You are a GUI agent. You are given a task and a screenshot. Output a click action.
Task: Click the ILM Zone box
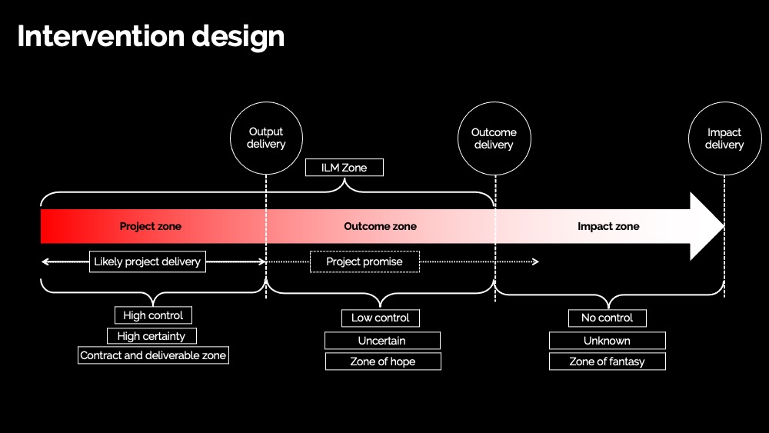coord(345,167)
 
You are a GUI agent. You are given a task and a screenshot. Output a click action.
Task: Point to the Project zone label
coord(151,226)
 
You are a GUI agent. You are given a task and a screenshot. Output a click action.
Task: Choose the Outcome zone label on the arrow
coord(380,226)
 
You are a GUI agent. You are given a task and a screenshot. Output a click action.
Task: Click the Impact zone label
coord(608,226)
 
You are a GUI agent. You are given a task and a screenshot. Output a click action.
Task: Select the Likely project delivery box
coord(148,261)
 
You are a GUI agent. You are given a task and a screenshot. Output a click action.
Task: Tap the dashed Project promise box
coord(365,261)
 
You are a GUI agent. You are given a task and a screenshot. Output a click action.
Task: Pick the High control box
coord(153,315)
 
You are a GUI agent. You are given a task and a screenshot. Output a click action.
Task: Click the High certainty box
coord(151,336)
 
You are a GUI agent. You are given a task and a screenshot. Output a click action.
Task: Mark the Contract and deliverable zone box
coord(153,355)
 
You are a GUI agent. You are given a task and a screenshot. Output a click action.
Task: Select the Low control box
coord(381,318)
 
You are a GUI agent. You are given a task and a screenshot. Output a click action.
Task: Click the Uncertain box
coord(382,340)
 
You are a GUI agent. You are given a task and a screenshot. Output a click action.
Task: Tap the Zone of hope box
coord(383,361)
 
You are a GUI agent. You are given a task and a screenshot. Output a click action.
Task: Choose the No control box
coord(608,318)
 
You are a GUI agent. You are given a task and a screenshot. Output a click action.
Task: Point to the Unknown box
coord(608,340)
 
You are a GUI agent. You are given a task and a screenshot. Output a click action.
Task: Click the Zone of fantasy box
coord(608,361)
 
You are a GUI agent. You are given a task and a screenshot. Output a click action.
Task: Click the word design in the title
coord(238,37)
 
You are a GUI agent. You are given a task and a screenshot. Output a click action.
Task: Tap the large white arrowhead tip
coord(724,226)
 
